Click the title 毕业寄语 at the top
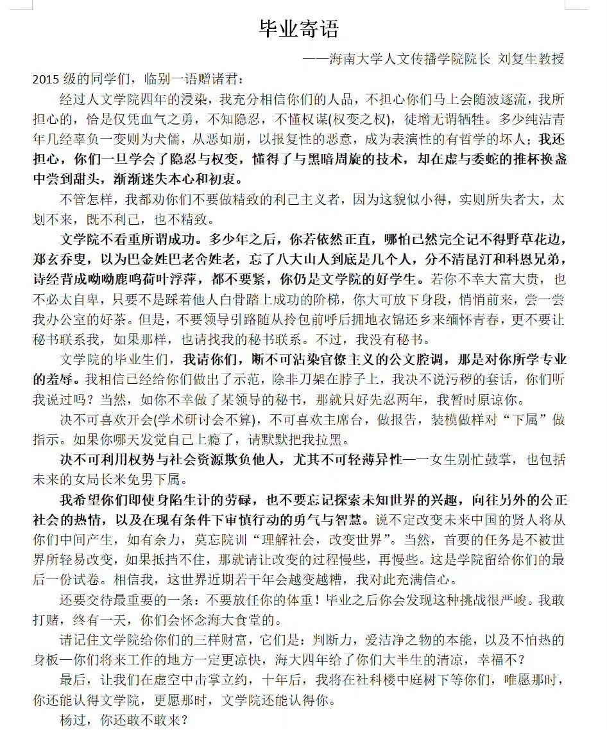tap(298, 28)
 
